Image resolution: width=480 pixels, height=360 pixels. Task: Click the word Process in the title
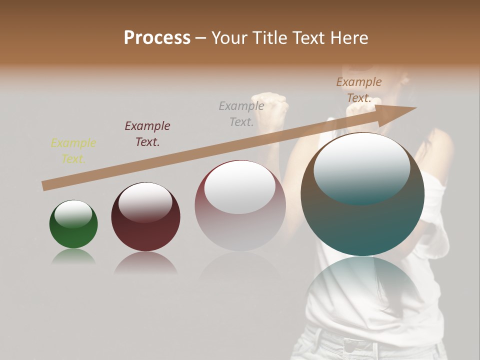tap(157, 38)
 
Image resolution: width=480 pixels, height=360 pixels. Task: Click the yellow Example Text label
tap(73, 151)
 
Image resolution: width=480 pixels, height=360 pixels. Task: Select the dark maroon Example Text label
tap(147, 134)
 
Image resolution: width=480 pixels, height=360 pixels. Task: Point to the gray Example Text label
tap(241, 113)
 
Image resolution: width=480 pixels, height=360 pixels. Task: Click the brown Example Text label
tap(359, 90)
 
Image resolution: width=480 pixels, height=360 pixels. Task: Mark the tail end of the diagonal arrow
tap(45, 185)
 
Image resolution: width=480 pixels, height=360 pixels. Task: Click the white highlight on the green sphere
tap(73, 214)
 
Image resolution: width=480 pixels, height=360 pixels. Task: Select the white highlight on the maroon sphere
tap(145, 201)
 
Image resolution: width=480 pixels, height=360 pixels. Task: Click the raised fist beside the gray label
tap(272, 107)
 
